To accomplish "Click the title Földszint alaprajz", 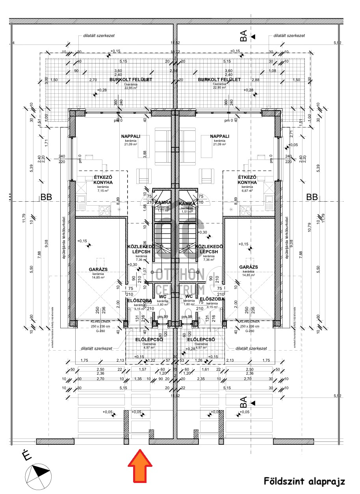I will (304, 481).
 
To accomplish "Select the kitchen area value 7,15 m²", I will (103, 191).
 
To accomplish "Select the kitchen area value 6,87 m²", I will (247, 191).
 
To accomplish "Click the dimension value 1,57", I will (143, 370).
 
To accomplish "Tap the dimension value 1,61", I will (205, 370).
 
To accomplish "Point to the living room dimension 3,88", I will (145, 154).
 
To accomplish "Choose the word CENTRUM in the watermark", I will (180, 290).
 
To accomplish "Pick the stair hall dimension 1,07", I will (145, 271).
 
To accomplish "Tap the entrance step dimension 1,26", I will (199, 360).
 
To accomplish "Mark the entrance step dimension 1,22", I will (152, 360).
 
